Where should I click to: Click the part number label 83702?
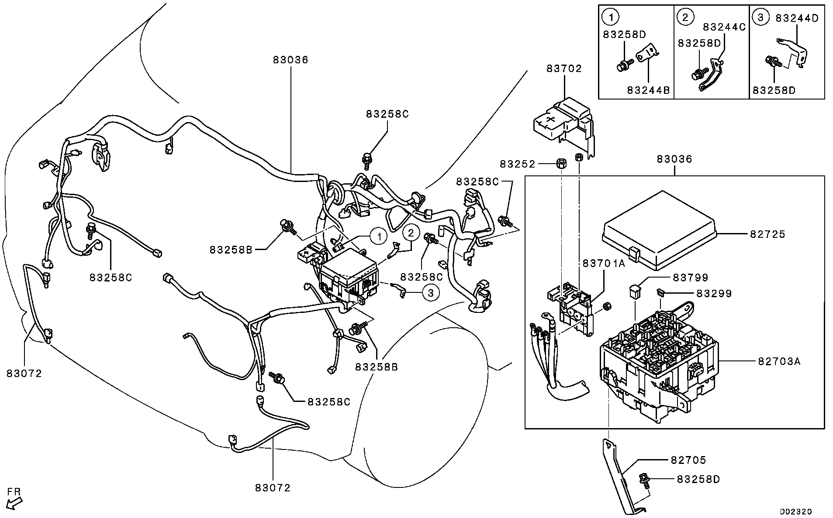[x=564, y=69]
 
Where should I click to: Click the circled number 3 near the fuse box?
[x=431, y=293]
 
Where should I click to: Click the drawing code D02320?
[x=795, y=511]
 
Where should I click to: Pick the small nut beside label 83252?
[x=560, y=165]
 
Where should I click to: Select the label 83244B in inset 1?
[x=648, y=90]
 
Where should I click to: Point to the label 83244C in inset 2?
[x=724, y=27]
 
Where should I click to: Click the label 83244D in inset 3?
[x=797, y=18]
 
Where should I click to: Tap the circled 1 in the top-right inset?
[x=611, y=17]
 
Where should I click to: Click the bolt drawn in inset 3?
[x=772, y=62]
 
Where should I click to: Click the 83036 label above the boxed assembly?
[x=674, y=159]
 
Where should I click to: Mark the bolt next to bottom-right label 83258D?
[x=644, y=480]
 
